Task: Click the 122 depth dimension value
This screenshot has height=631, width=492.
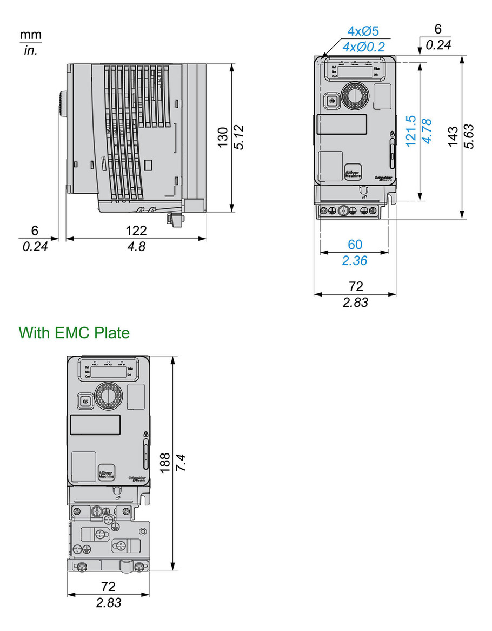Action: click(x=136, y=231)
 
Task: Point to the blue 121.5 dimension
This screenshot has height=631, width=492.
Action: click(x=410, y=131)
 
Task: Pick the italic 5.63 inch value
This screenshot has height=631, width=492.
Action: click(x=470, y=136)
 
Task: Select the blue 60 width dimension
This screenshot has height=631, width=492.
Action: click(x=355, y=245)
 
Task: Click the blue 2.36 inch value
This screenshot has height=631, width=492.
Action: click(x=355, y=260)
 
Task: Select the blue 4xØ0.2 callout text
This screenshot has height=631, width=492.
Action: click(x=363, y=47)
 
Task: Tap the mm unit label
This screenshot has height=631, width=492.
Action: click(x=31, y=35)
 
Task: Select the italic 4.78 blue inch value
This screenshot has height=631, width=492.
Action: click(x=427, y=131)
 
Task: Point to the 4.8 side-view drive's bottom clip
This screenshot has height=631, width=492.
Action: click(x=175, y=219)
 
